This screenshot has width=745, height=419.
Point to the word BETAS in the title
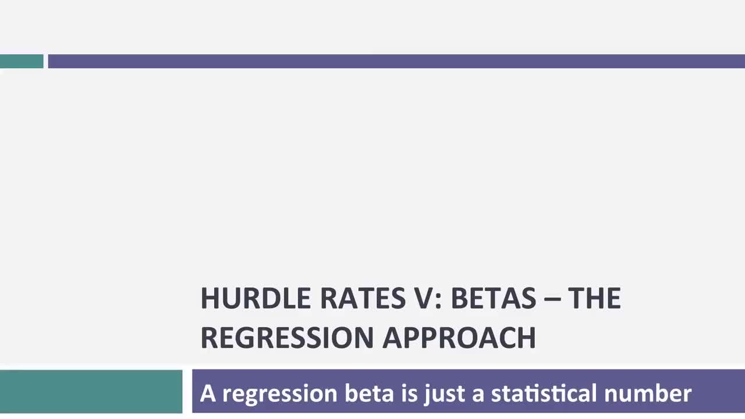coord(493,299)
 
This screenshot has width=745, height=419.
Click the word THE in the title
coord(594,299)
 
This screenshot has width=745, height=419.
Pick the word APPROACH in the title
coord(459,338)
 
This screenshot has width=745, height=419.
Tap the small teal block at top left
coord(22,61)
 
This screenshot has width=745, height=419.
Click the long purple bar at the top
coord(396,61)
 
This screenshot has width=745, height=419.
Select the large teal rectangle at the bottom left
coord(91,391)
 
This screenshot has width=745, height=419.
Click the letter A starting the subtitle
coord(208,393)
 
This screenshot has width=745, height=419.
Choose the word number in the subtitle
coord(648,393)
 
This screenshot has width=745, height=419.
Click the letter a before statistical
coord(478,395)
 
